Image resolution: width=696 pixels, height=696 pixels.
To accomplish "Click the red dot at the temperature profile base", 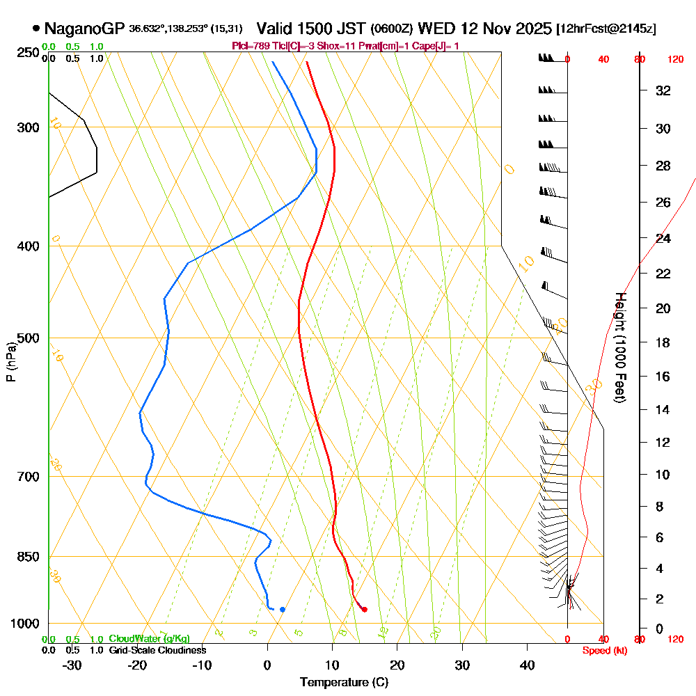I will tap(365, 610).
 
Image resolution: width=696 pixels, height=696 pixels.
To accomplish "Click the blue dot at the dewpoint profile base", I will tap(282, 610).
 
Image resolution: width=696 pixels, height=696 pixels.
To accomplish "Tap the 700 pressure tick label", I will tap(29, 477).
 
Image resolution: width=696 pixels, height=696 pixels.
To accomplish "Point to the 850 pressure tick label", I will tap(29, 557).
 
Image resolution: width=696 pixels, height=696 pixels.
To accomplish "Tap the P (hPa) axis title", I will tap(10, 362).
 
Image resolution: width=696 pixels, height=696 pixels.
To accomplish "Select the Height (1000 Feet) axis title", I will tap(619, 347).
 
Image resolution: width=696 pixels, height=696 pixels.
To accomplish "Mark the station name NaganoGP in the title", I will tap(84, 29).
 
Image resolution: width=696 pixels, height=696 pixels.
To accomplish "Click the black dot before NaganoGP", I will tap(35, 29).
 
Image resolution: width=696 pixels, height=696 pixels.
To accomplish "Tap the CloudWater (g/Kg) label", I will tap(149, 639).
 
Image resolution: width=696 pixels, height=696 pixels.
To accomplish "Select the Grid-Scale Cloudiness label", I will tap(157, 650).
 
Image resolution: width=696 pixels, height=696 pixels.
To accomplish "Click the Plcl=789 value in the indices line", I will tap(251, 46).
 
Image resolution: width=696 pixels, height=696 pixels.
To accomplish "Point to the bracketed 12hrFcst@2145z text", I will tap(606, 29).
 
